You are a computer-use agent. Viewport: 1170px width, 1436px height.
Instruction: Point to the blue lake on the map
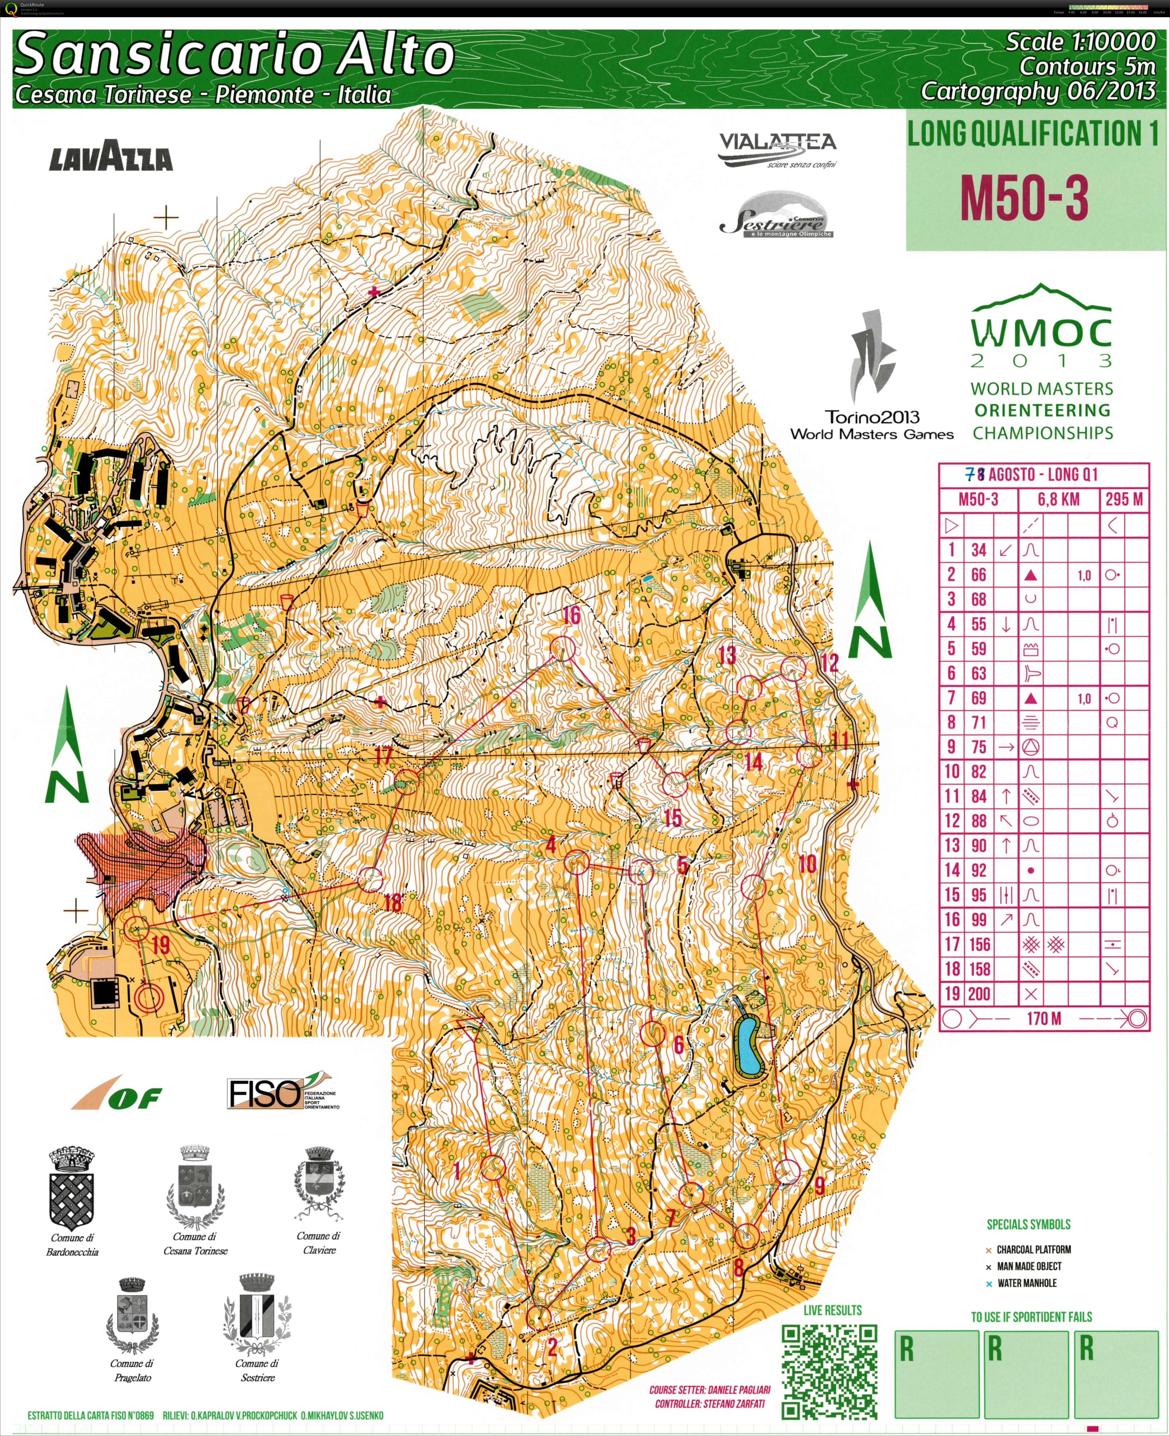(x=748, y=1046)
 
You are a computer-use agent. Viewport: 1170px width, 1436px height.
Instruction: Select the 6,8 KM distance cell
(x=1058, y=499)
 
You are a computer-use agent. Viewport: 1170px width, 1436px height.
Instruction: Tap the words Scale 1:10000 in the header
(x=1080, y=42)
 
